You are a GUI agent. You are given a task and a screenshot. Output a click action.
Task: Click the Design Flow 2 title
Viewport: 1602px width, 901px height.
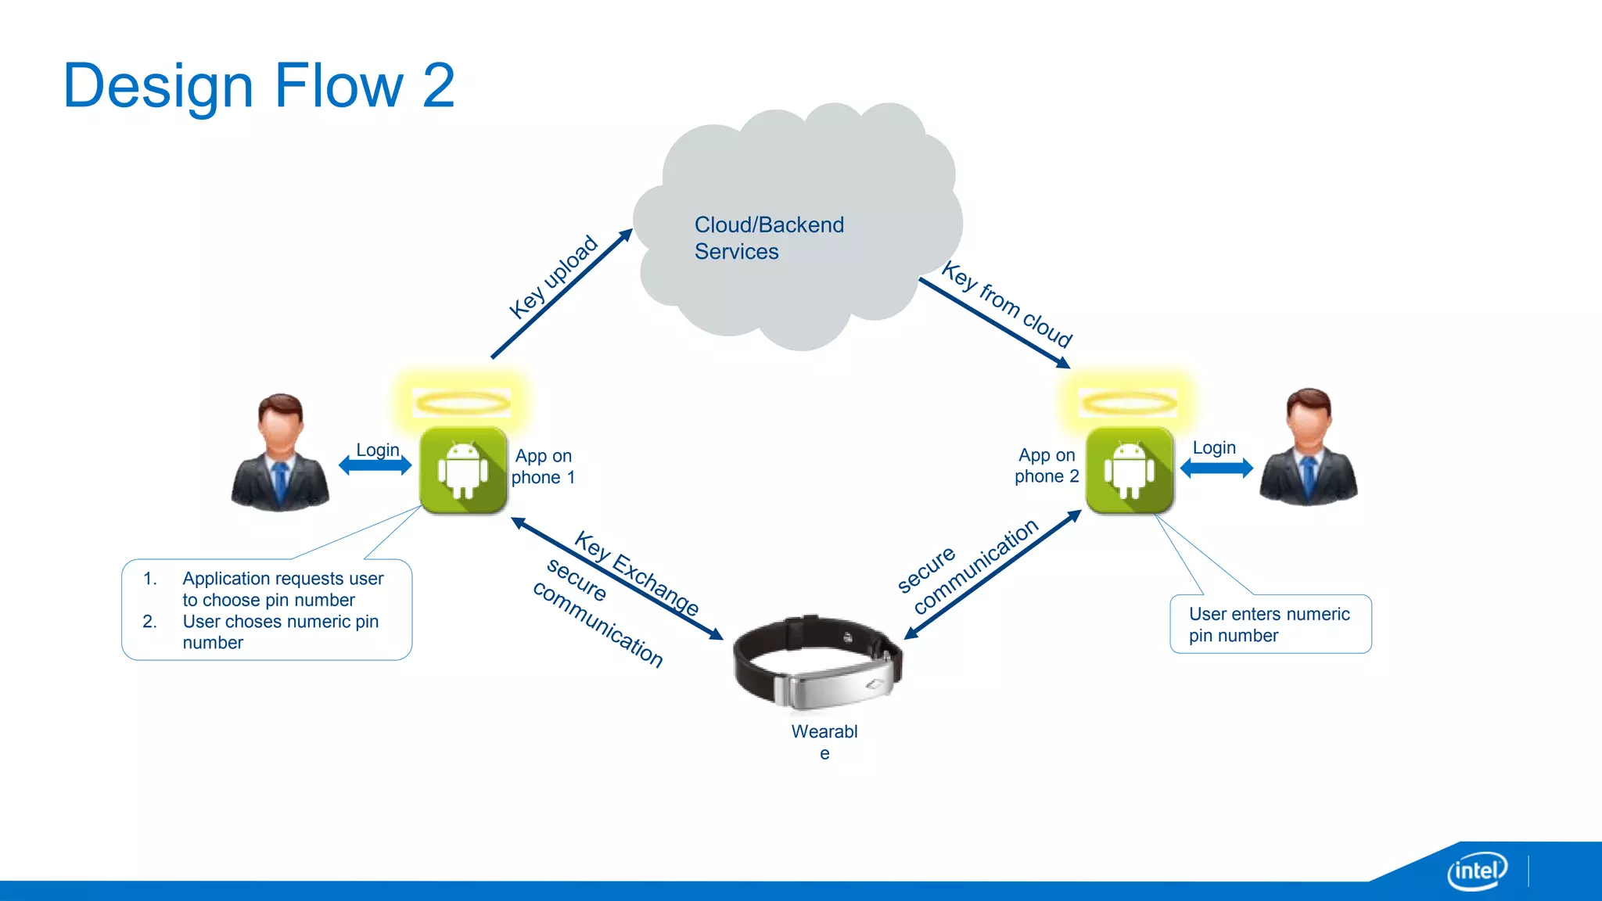258,86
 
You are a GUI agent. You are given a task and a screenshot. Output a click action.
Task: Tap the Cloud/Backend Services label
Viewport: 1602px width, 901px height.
768,238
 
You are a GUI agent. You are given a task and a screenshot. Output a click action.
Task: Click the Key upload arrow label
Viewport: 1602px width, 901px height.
553,277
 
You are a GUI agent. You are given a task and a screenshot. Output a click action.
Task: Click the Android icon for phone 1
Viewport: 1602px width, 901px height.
463,470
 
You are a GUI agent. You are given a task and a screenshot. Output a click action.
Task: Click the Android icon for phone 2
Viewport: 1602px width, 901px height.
1129,470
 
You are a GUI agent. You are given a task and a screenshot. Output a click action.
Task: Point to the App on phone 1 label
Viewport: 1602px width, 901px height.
543,466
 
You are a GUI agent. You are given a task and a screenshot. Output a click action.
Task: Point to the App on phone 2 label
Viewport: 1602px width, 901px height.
1047,465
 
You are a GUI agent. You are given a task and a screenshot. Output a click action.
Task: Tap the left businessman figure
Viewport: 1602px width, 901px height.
280,454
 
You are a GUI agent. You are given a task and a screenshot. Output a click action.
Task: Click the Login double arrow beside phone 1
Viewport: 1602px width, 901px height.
375,465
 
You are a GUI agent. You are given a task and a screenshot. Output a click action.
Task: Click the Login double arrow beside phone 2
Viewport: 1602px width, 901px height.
1216,468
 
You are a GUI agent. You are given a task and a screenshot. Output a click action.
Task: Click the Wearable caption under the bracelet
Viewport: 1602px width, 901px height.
824,741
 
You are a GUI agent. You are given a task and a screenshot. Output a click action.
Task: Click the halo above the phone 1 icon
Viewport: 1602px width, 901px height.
462,403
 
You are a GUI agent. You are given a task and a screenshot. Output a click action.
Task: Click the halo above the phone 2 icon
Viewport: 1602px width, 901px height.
1128,403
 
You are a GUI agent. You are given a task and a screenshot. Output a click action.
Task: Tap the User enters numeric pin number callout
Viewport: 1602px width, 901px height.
1270,624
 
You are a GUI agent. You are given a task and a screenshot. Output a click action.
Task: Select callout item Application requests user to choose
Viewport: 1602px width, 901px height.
282,589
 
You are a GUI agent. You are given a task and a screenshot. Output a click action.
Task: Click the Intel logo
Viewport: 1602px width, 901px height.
1477,870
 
